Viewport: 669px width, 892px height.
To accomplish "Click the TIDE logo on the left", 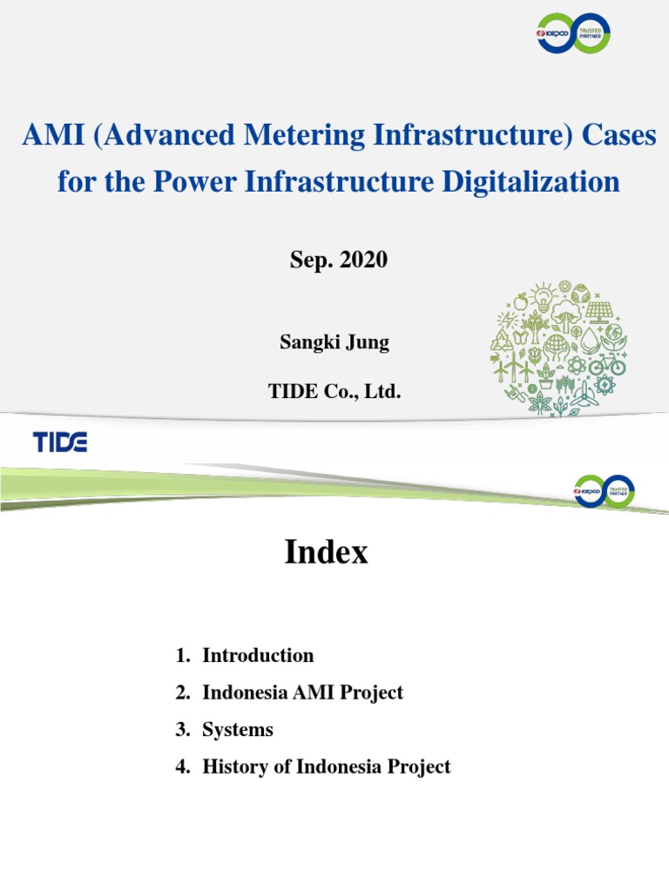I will click(60, 442).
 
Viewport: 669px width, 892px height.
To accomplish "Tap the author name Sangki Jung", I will click(334, 342).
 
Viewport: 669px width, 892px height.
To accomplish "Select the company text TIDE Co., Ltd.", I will click(334, 392).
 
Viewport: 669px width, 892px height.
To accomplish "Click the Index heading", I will click(326, 552).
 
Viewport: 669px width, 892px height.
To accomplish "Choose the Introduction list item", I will click(258, 655).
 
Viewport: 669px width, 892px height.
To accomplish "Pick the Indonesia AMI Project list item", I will click(302, 693).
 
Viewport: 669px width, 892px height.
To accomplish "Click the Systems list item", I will click(238, 730).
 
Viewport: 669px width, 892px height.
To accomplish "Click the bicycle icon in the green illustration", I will click(606, 363).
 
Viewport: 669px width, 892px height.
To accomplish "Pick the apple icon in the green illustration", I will click(522, 302).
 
